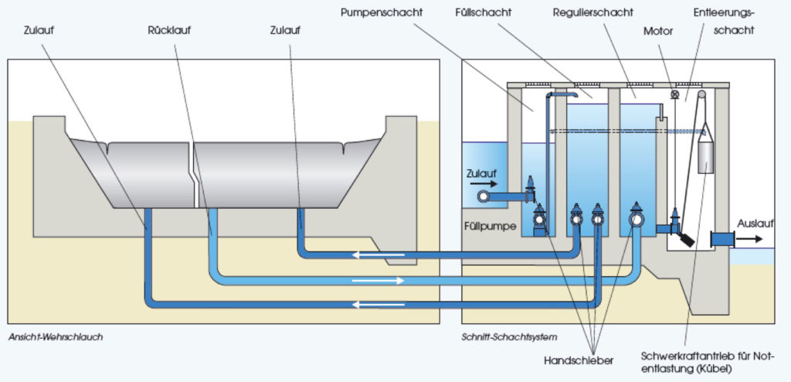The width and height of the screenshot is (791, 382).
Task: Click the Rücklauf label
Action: [x=169, y=30]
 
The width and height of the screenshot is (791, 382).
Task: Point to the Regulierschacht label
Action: [x=593, y=14]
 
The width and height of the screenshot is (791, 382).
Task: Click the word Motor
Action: [x=659, y=32]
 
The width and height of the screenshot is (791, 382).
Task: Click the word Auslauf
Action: [x=755, y=223]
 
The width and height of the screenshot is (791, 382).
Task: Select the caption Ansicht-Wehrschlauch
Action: [x=56, y=337]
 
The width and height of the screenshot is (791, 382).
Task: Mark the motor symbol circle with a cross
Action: [x=674, y=95]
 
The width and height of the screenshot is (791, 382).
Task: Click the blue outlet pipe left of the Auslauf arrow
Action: [x=721, y=239]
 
